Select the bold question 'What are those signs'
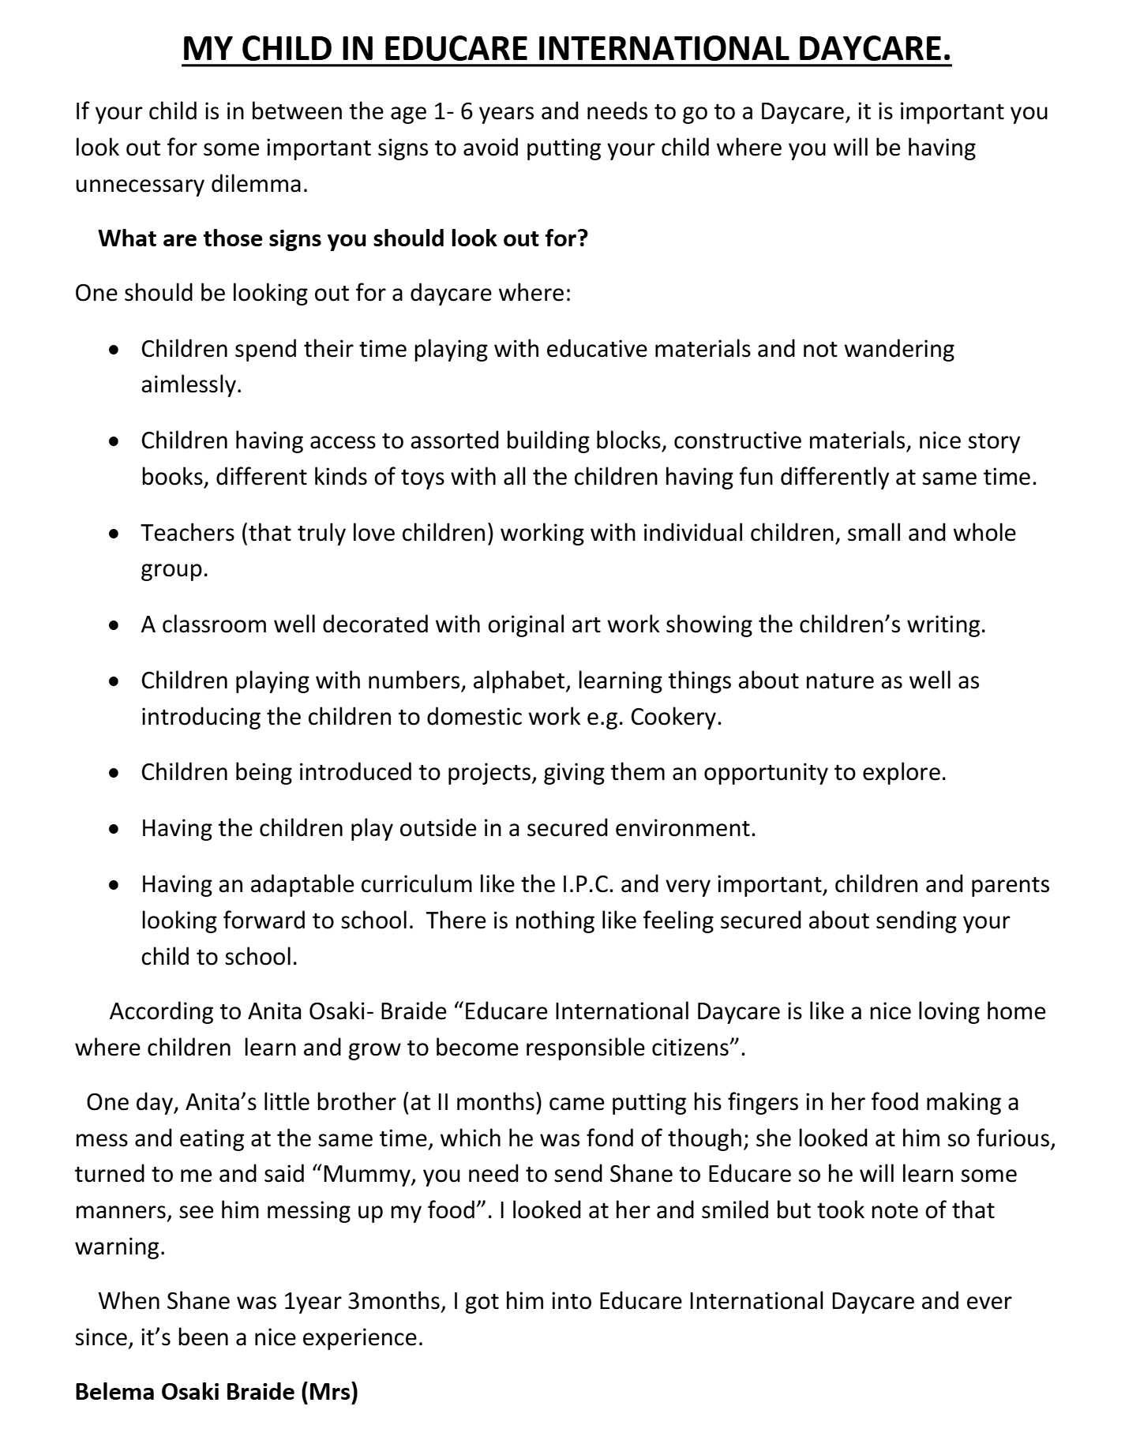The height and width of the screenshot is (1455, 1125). point(343,238)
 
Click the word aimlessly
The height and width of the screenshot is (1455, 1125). point(190,385)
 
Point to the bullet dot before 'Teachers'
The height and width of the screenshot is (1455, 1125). point(115,534)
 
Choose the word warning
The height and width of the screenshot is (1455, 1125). point(119,1247)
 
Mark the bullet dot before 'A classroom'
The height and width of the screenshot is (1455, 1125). point(115,626)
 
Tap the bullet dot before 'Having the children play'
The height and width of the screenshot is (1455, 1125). point(115,830)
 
